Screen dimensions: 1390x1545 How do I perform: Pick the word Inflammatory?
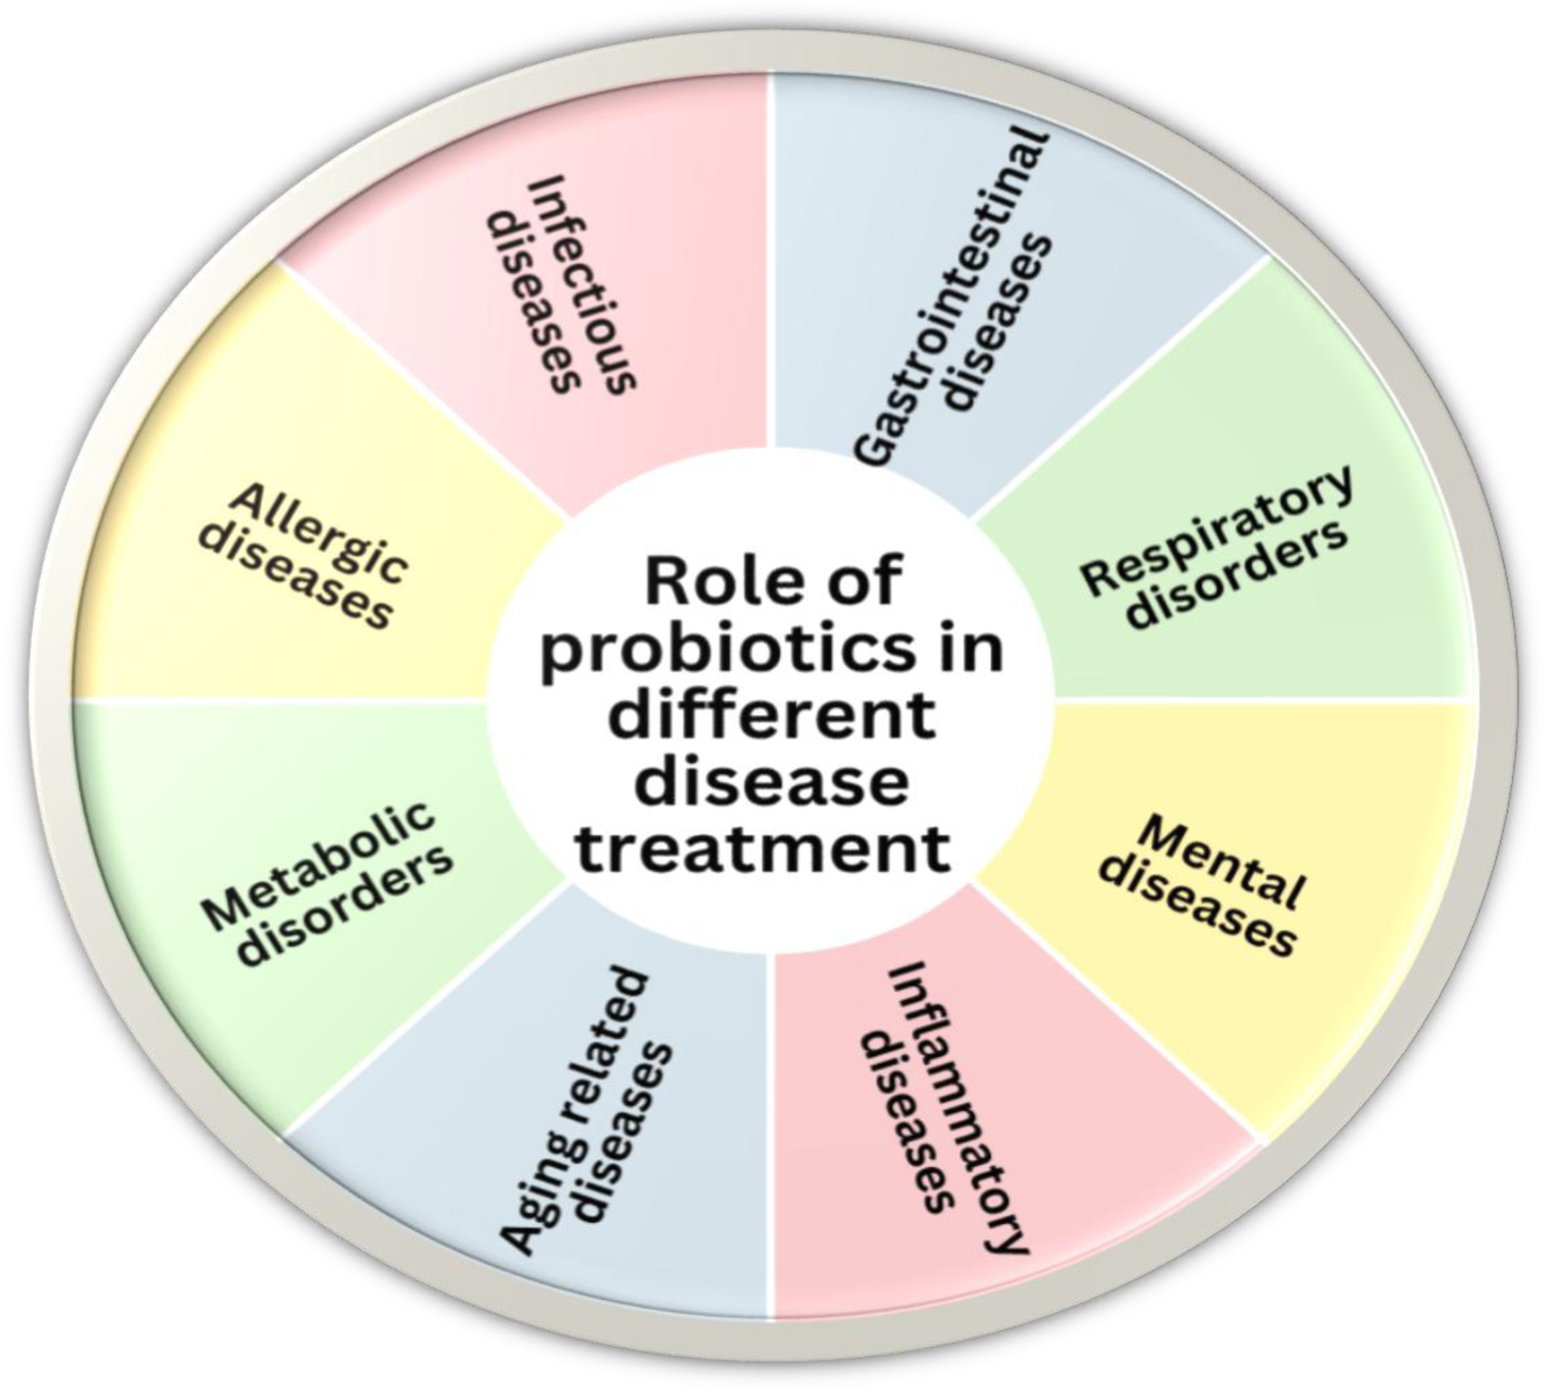[958, 1107]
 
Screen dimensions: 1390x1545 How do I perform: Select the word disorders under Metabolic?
[349, 907]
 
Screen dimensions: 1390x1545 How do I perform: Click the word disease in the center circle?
[771, 782]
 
